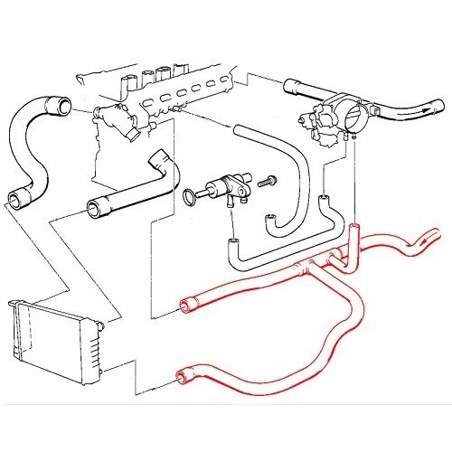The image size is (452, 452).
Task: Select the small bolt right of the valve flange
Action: pos(268,181)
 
